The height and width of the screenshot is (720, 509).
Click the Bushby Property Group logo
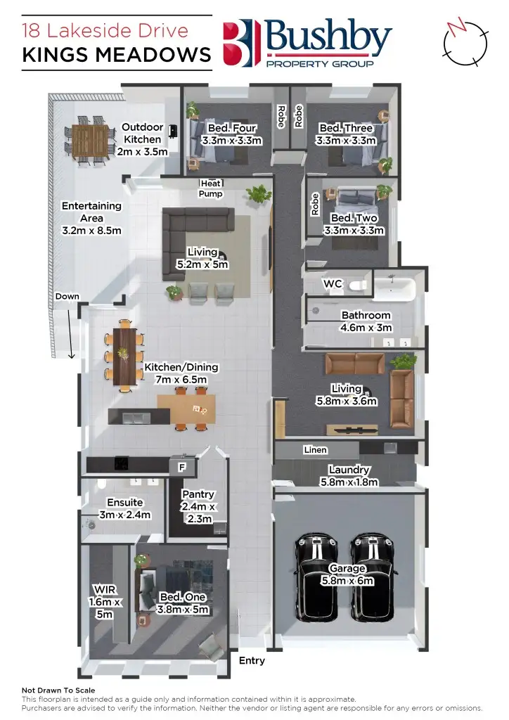tap(307, 43)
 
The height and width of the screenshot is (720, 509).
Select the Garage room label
tap(348, 574)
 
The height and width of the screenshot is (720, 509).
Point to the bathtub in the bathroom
tap(395, 286)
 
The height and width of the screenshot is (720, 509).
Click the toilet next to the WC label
tap(359, 285)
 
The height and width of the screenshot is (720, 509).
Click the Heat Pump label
tap(211, 188)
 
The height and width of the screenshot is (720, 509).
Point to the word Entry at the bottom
tap(252, 660)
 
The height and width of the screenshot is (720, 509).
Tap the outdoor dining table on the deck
tap(91, 140)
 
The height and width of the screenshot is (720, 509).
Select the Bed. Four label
tap(231, 134)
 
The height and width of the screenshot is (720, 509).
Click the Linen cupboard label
tap(315, 450)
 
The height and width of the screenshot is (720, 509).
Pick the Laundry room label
tap(349, 476)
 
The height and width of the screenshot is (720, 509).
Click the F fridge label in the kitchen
tap(181, 466)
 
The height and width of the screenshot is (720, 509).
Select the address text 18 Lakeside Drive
tap(105, 31)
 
